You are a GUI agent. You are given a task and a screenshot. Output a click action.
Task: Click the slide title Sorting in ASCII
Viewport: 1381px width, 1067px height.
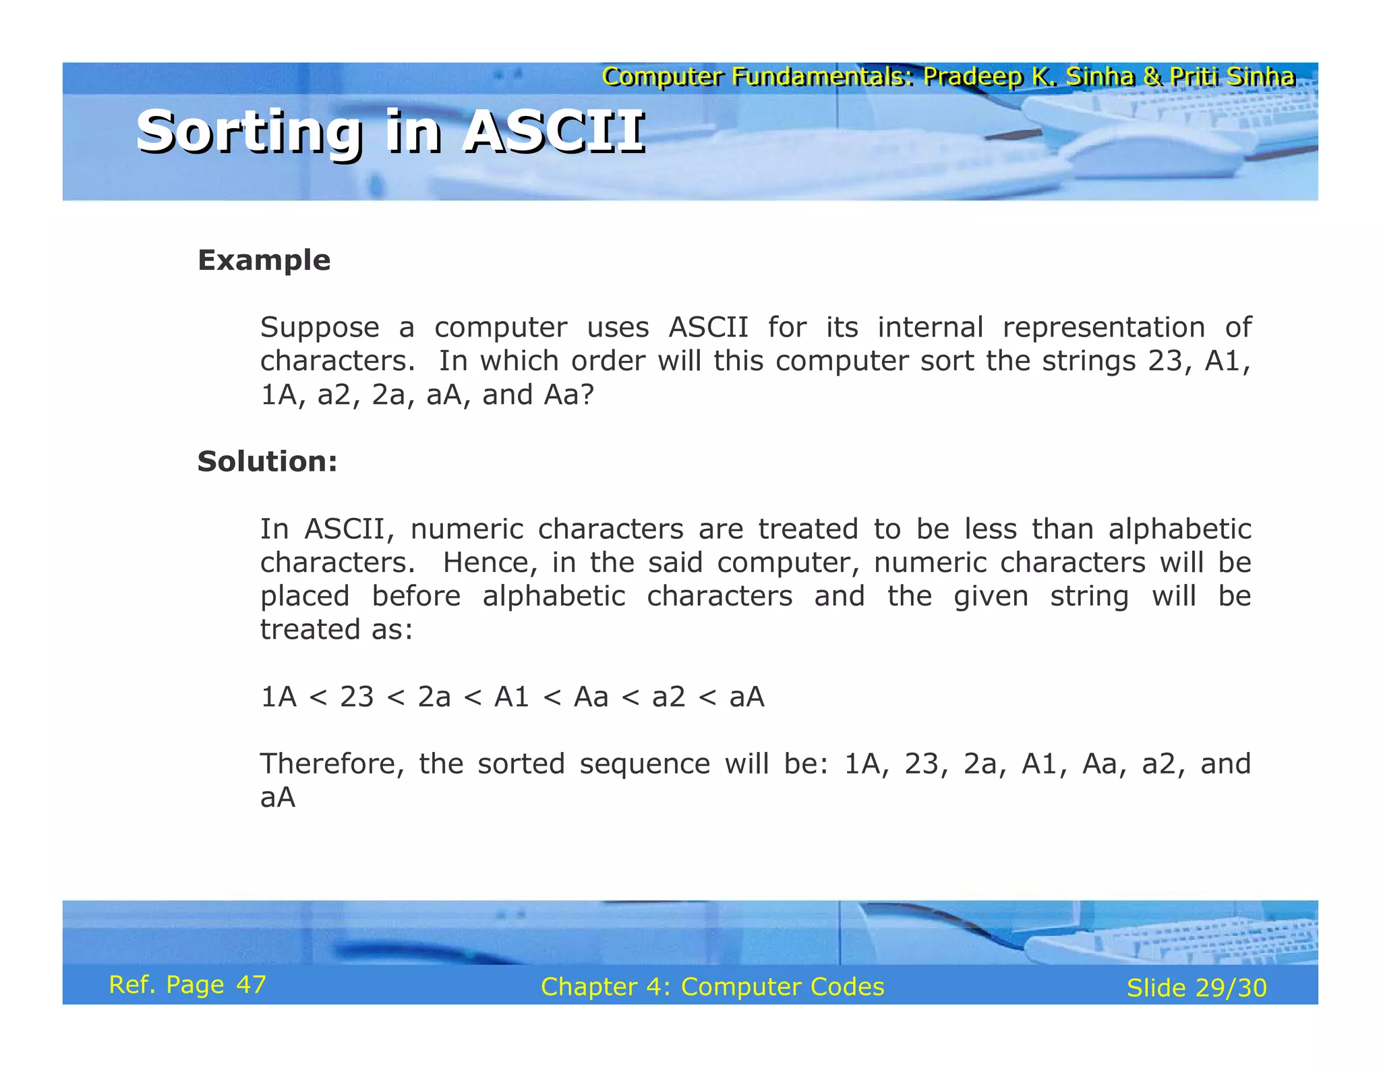tap(390, 132)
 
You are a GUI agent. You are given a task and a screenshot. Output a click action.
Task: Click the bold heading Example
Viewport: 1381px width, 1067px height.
tap(264, 260)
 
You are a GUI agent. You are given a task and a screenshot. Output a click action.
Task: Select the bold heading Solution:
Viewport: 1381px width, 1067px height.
tap(267, 462)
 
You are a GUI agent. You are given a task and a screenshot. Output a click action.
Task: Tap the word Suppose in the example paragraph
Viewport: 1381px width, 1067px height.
tap(320, 328)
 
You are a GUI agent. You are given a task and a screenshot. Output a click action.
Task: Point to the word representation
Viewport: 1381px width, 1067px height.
tap(1103, 328)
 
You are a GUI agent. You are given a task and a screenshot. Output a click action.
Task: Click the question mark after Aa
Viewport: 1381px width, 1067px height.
tap(587, 395)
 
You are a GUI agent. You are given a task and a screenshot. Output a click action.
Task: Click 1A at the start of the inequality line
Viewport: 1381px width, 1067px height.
tap(278, 697)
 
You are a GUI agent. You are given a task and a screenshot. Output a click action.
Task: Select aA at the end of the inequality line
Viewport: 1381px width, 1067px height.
tap(746, 697)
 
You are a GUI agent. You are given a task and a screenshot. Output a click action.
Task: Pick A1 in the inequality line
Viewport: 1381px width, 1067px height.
tap(511, 697)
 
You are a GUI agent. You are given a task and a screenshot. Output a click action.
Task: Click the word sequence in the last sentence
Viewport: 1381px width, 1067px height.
tap(644, 764)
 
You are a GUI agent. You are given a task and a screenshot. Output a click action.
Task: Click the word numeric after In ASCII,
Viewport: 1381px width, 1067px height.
tap(467, 529)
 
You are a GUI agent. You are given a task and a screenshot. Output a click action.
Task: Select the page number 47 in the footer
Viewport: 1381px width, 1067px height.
tap(251, 985)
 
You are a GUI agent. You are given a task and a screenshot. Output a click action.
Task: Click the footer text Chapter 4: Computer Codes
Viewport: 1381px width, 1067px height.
tap(712, 987)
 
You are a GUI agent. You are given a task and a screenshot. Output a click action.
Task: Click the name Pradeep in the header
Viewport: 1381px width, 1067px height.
tap(972, 77)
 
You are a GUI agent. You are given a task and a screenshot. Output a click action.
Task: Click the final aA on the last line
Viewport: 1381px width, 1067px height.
tap(278, 798)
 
